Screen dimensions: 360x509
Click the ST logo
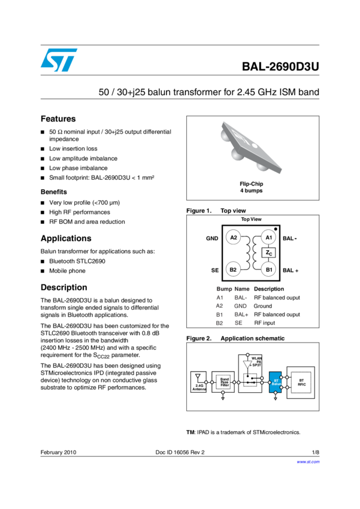59,60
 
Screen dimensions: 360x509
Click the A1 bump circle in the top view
269,238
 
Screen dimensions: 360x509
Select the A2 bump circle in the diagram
234,238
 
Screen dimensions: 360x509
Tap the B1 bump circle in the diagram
269,269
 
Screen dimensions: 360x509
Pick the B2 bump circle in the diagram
234,269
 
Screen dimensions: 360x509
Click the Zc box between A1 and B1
269,253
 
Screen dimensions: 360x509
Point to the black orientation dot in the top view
276,229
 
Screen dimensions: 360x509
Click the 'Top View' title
252,220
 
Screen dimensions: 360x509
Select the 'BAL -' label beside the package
291,238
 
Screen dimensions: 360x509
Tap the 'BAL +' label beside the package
291,271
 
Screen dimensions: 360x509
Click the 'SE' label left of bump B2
214,271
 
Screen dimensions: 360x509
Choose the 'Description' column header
269,289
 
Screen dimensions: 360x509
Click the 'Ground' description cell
263,306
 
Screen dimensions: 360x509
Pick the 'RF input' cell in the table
265,323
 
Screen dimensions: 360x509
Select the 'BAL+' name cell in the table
241,314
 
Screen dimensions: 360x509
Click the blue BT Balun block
276,381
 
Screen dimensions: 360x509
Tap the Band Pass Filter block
225,381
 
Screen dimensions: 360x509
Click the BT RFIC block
301,381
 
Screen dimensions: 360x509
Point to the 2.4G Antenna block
198,382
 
